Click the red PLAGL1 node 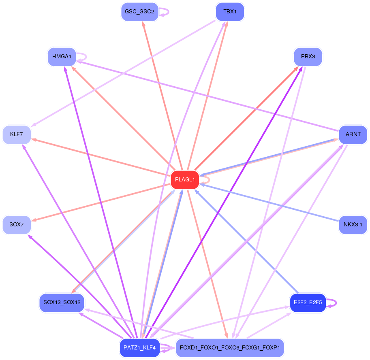pos(185,180)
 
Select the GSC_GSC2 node pos(139,12)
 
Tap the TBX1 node pos(230,12)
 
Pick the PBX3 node pos(308,57)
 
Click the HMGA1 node pos(62,57)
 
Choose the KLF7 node pos(17,134)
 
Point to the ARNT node pos(353,134)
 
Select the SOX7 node pos(17,225)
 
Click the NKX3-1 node pos(353,225)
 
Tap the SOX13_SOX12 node pos(62,302)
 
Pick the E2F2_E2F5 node pos(308,302)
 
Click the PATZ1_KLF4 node pos(139,348)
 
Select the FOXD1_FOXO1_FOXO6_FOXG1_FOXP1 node pos(230,348)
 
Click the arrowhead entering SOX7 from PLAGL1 pos(34,220)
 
